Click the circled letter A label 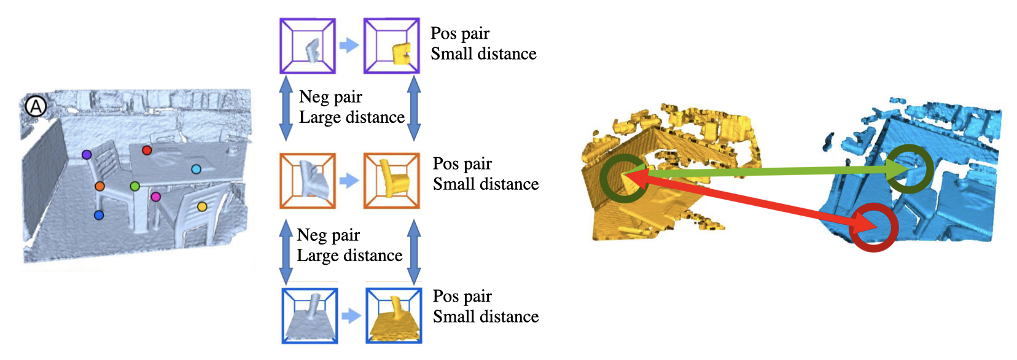tap(36, 107)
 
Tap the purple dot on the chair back tap(86, 155)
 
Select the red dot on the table tap(147, 150)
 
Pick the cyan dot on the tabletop tap(196, 170)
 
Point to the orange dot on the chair tap(99, 186)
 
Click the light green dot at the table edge tap(134, 186)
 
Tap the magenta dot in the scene tap(156, 197)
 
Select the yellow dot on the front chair tap(202, 207)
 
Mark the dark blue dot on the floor tap(98, 215)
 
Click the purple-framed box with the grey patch tap(307, 46)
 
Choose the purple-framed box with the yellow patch tap(392, 46)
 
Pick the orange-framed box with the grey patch tap(307, 181)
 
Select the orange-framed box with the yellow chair tap(392, 181)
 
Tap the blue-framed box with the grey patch tap(310, 316)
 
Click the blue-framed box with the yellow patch tap(394, 316)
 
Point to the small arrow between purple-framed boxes tap(349, 45)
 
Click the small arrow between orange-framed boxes tap(349, 180)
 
